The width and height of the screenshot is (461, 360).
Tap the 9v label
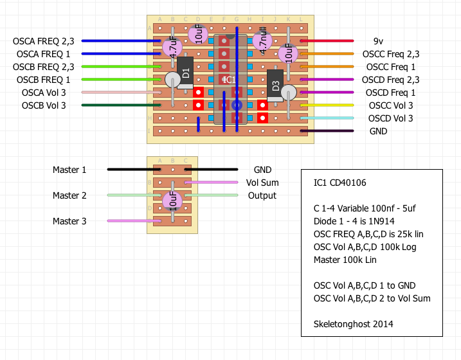pyautogui.click(x=378, y=41)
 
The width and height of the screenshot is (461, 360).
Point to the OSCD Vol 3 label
pyautogui.click(x=390, y=118)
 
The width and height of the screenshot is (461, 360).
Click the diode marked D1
pyautogui.click(x=185, y=73)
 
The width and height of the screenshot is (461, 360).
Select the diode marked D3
pyautogui.click(x=275, y=85)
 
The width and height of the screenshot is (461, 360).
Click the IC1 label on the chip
pyautogui.click(x=230, y=80)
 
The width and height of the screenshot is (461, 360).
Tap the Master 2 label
pyautogui.click(x=69, y=195)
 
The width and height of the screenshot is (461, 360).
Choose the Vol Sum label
pyautogui.click(x=263, y=183)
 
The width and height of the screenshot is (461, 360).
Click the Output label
pyautogui.click(x=262, y=195)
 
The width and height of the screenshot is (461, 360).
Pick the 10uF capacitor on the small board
pyautogui.click(x=172, y=201)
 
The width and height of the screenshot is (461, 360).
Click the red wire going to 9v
pyautogui.click(x=327, y=41)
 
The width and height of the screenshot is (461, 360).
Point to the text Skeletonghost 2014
pyautogui.click(x=353, y=324)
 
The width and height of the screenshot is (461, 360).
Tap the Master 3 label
pyautogui.click(x=69, y=221)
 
